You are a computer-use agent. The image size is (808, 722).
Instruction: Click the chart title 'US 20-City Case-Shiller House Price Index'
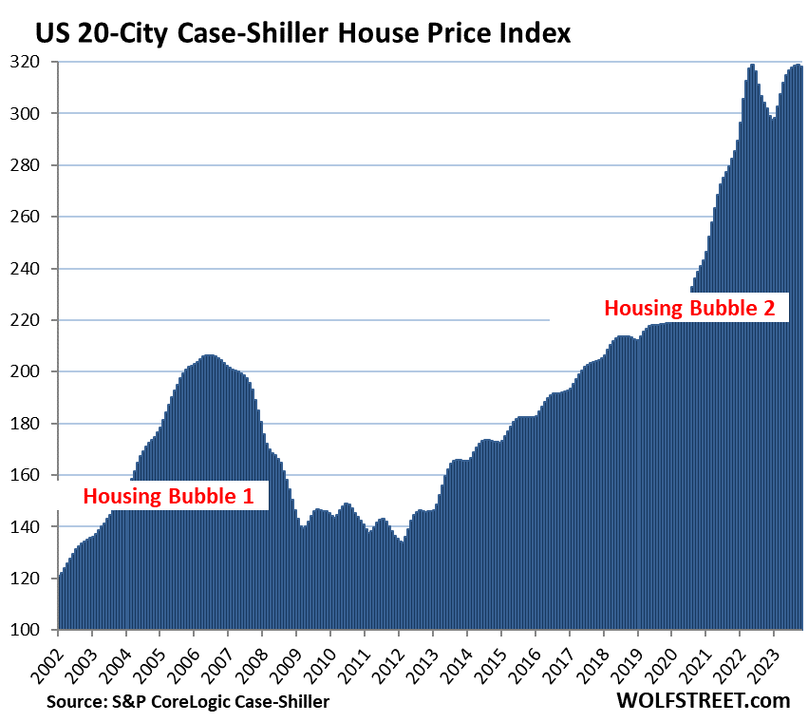303,34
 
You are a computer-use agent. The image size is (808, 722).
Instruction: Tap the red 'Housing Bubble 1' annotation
175,495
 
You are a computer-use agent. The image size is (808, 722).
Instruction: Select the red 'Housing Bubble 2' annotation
690,308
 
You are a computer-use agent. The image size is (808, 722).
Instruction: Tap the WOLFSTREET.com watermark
703,700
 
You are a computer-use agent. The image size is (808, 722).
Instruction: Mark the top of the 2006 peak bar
209,355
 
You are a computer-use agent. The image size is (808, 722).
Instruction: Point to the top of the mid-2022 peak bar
752,66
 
